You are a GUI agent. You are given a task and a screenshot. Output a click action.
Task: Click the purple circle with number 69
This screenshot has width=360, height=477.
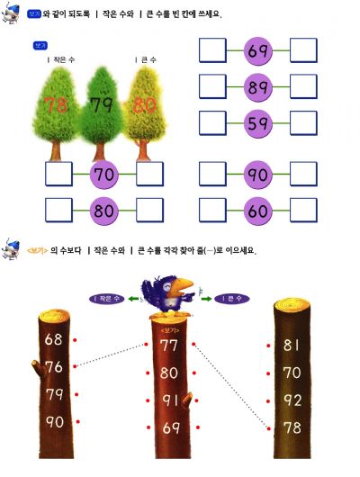(258, 50)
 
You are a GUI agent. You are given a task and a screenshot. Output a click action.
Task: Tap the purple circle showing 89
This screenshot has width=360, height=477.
(258, 87)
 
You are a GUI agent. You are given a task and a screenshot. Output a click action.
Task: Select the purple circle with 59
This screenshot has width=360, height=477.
(258, 123)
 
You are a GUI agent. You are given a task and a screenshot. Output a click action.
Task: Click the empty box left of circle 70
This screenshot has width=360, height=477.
(58, 174)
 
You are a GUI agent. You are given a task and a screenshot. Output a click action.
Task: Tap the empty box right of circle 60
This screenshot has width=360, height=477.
(303, 211)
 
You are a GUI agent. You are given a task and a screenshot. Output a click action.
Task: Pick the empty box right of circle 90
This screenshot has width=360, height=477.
(303, 174)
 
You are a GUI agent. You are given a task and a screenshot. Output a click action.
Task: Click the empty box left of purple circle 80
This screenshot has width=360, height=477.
(58, 211)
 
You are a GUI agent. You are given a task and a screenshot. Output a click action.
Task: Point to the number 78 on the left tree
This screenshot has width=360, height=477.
(56, 104)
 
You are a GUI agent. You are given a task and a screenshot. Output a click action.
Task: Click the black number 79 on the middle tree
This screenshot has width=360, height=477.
(102, 104)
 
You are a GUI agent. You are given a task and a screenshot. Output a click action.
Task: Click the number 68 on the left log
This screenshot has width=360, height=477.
(54, 339)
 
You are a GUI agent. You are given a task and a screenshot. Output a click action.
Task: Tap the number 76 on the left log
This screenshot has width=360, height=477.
(54, 367)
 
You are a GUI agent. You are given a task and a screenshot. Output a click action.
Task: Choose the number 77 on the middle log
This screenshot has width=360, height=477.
(168, 346)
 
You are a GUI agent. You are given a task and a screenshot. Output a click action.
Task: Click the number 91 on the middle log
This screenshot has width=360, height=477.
(170, 400)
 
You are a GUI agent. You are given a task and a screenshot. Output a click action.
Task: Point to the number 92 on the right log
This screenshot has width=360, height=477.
(292, 400)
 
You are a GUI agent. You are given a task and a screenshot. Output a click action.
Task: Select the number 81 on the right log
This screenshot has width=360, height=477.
(292, 345)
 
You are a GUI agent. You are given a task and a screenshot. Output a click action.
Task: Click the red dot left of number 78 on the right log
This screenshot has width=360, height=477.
(269, 428)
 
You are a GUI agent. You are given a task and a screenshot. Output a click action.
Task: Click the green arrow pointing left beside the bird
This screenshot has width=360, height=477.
(133, 299)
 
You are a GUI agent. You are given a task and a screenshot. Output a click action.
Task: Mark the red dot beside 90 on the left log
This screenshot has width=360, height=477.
(78, 421)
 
